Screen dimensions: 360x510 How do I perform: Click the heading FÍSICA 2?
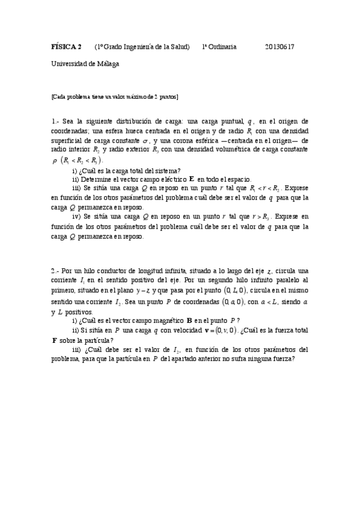pyautogui.click(x=66, y=46)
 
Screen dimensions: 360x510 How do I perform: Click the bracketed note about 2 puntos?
pyautogui.click(x=115, y=96)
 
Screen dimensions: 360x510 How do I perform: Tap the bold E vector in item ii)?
pyautogui.click(x=191, y=179)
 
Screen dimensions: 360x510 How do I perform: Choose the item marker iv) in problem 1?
pyautogui.click(x=76, y=217)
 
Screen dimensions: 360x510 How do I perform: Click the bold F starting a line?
pyautogui.click(x=55, y=340)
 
